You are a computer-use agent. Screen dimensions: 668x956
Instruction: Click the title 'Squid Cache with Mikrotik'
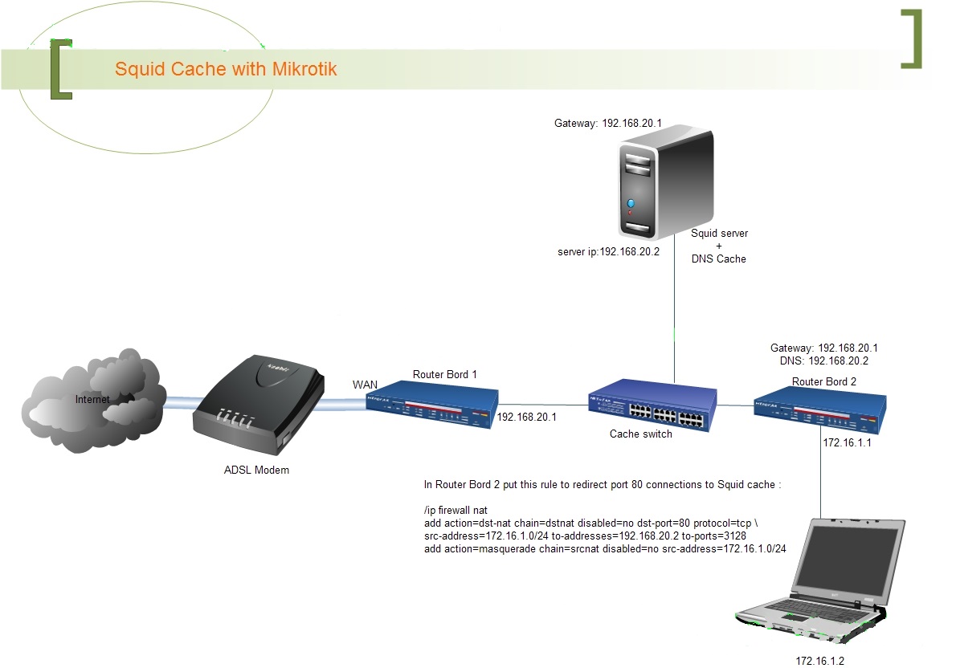click(226, 69)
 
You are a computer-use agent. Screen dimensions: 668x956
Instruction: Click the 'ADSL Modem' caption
click(256, 470)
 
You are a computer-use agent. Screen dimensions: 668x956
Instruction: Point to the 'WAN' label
click(365, 385)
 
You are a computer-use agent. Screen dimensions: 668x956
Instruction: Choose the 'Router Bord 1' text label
click(444, 374)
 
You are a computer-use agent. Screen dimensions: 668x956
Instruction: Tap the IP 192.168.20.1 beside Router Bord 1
click(527, 417)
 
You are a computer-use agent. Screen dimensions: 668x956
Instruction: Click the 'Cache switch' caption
click(640, 434)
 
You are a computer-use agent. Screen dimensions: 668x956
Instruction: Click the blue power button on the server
click(631, 202)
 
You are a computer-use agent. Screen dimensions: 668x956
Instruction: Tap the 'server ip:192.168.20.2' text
click(608, 251)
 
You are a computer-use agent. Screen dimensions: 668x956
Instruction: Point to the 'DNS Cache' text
click(718, 259)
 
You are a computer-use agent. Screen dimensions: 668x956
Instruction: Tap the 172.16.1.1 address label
click(847, 442)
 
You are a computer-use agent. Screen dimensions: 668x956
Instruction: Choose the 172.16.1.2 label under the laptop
click(819, 661)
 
